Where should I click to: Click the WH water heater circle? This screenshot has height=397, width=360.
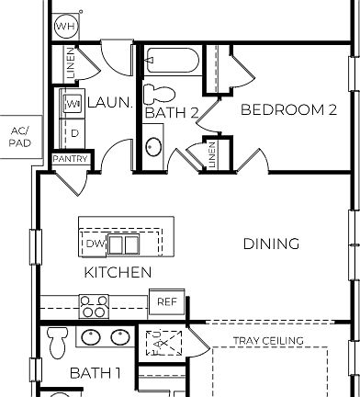pyautogui.click(x=65, y=27)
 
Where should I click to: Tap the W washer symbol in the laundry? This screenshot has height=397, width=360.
pyautogui.click(x=73, y=104)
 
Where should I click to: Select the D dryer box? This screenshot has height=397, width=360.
pyautogui.click(x=74, y=133)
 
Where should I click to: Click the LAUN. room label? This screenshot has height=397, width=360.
pyautogui.click(x=109, y=103)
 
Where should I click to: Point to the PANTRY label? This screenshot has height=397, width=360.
pyautogui.click(x=71, y=159)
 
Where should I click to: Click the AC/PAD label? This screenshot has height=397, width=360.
pyautogui.click(x=18, y=137)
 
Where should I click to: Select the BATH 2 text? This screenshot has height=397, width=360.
pyautogui.click(x=172, y=113)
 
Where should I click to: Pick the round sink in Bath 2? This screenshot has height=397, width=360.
pyautogui.click(x=154, y=147)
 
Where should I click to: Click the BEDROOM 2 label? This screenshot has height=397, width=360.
pyautogui.click(x=288, y=110)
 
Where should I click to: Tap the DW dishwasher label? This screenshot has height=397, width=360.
pyautogui.click(x=96, y=244)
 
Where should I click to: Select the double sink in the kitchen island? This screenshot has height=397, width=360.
pyautogui.click(x=124, y=244)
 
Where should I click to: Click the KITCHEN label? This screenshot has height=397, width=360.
pyautogui.click(x=118, y=273)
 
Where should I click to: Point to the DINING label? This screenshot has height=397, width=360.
pyautogui.click(x=271, y=244)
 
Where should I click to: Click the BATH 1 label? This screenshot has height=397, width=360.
pyautogui.click(x=96, y=373)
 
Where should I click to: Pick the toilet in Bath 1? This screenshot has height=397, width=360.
pyautogui.click(x=57, y=345)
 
